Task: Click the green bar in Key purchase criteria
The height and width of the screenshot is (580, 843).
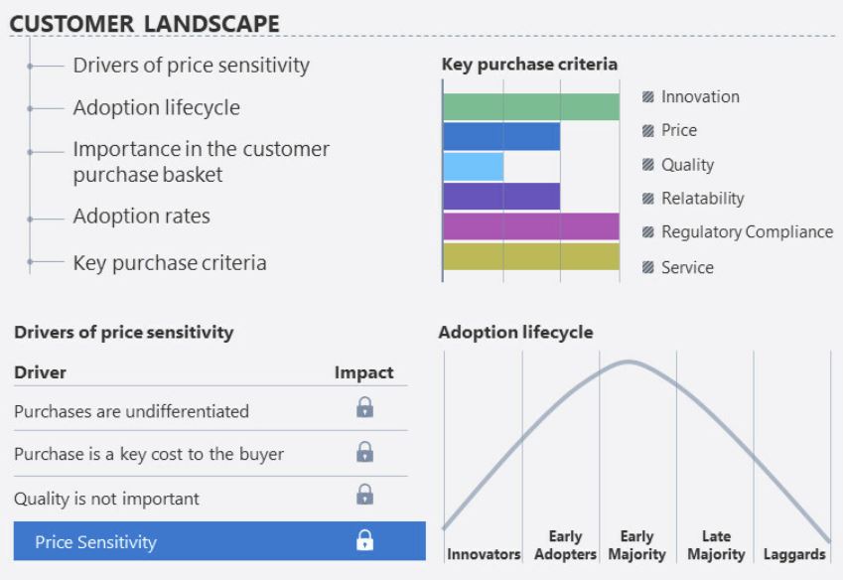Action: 531,106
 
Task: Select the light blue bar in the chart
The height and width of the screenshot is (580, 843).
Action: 473,167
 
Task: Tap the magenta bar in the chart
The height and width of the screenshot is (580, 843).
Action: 531,226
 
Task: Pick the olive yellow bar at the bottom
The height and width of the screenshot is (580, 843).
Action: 531,256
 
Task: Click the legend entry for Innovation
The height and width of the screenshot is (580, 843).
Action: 691,96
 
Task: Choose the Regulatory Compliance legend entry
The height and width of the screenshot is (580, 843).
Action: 738,232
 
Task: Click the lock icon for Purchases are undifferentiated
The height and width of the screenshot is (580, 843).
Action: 365,407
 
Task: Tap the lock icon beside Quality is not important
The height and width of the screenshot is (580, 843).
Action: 365,494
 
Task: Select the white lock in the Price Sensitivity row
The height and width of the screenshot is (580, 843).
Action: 365,539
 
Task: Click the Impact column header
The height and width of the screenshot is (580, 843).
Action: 364,372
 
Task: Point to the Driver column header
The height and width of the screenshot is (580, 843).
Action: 41,372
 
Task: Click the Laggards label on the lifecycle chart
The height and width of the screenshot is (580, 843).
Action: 794,554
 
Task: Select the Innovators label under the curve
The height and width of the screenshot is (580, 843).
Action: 484,554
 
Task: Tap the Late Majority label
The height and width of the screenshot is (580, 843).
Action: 716,545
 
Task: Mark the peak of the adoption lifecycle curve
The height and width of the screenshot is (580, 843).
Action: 628,362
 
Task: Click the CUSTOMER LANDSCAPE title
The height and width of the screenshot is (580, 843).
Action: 145,24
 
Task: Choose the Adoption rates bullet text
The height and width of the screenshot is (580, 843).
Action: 141,217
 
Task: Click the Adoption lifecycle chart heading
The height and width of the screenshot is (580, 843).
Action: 516,332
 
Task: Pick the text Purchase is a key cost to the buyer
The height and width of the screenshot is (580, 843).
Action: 149,454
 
